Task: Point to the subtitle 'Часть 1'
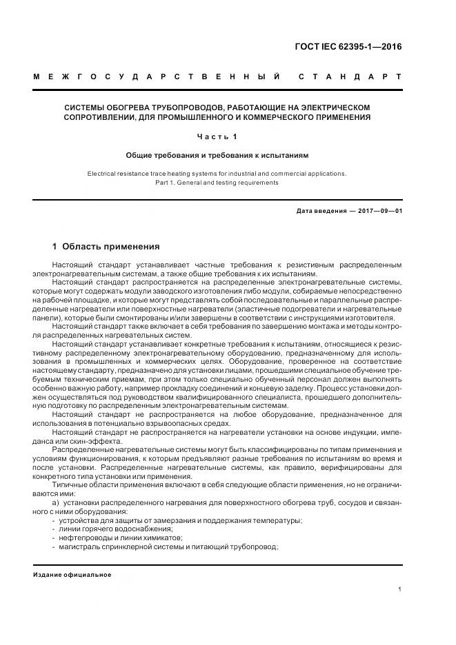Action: (x=217, y=136)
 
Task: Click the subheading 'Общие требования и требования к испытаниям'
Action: (x=217, y=156)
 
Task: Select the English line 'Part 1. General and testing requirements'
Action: (x=217, y=183)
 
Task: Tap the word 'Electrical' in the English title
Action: (x=103, y=174)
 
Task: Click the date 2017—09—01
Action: (x=379, y=211)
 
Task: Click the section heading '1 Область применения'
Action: (x=106, y=246)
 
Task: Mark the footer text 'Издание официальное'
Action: (x=72, y=574)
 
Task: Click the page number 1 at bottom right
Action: (x=400, y=588)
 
